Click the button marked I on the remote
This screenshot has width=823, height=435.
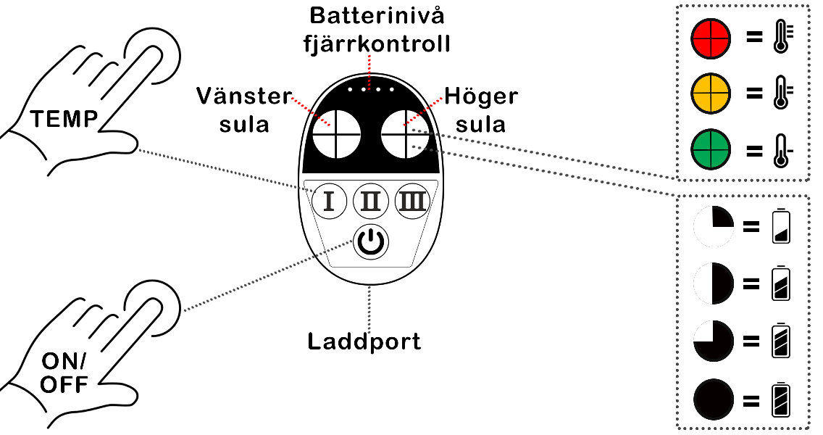(329, 201)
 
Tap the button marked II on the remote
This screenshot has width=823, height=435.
(370, 201)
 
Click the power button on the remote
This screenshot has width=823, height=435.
(370, 242)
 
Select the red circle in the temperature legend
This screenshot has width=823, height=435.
(711, 38)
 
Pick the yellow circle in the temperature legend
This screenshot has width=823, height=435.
(711, 94)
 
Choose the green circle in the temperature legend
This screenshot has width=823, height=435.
(711, 149)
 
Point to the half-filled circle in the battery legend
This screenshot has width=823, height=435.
(714, 284)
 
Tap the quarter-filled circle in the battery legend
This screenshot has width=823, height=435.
(714, 226)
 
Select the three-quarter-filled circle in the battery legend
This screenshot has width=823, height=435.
(714, 341)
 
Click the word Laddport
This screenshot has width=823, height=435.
(364, 341)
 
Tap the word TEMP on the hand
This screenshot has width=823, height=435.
(64, 119)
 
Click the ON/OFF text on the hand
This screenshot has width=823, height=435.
(64, 373)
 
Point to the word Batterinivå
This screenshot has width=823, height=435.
(377, 15)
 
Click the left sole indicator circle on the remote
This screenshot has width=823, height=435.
(336, 134)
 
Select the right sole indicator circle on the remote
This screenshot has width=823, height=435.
(405, 134)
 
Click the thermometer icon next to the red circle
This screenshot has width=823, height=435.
(782, 37)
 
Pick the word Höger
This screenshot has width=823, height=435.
(481, 96)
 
